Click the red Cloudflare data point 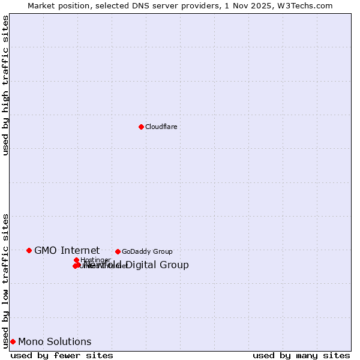(x=141, y=127)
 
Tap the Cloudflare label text (x=161, y=127)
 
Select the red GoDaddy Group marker (x=118, y=251)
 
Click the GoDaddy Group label (x=147, y=251)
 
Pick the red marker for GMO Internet (x=29, y=250)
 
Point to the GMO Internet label (x=67, y=250)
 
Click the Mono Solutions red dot (x=13, y=341)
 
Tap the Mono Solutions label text (x=55, y=341)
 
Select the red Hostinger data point (x=77, y=260)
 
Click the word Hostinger (x=95, y=260)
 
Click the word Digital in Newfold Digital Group (x=143, y=265)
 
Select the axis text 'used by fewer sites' (x=62, y=355)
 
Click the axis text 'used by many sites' (x=301, y=355)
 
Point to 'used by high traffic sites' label (x=5, y=85)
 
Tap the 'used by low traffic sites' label (x=5, y=280)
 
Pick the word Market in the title (x=41, y=5)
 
